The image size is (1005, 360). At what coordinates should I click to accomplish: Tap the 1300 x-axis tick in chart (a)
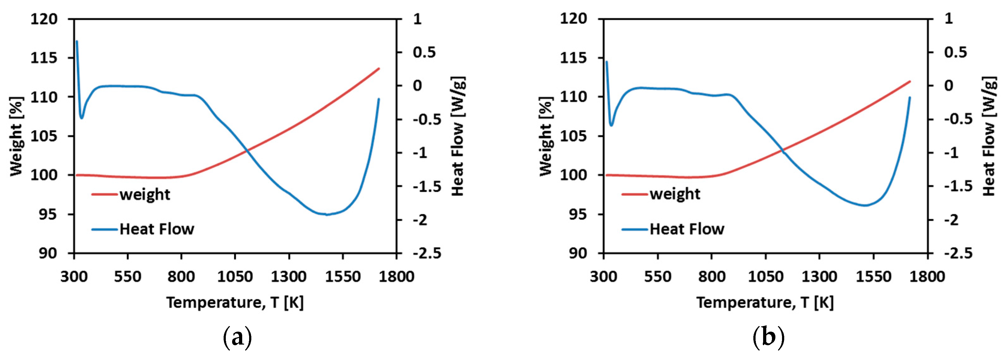(x=289, y=277)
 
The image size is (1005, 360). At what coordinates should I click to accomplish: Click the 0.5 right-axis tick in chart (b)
(x=956, y=52)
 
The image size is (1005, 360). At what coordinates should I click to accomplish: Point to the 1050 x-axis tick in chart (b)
(x=765, y=277)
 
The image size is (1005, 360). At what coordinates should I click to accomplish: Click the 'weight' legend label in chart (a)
(x=145, y=194)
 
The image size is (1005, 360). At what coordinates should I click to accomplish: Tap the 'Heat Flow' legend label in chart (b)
(x=687, y=229)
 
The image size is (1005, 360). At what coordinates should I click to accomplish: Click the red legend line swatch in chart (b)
(x=635, y=194)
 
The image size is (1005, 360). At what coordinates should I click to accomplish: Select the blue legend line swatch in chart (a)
(x=105, y=229)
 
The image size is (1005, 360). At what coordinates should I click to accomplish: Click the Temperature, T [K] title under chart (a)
(x=235, y=303)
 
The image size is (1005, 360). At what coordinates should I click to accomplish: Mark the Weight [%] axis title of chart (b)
(x=546, y=136)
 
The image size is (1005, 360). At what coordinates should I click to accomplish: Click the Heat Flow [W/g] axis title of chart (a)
(x=458, y=136)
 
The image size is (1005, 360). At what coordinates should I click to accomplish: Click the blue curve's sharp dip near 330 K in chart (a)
(x=82, y=118)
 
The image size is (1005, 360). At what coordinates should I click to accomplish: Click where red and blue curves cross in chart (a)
(x=247, y=150)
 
